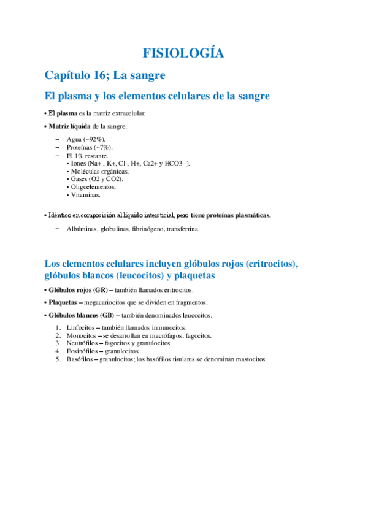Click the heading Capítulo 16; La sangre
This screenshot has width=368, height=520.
pyautogui.click(x=105, y=75)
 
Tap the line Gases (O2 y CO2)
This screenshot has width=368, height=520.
pyautogui.click(x=97, y=179)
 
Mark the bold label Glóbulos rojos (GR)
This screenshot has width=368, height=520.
pyautogui.click(x=78, y=289)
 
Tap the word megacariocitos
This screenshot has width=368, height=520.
pyautogui.click(x=110, y=302)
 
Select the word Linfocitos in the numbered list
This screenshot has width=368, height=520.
pyautogui.click(x=80, y=328)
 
